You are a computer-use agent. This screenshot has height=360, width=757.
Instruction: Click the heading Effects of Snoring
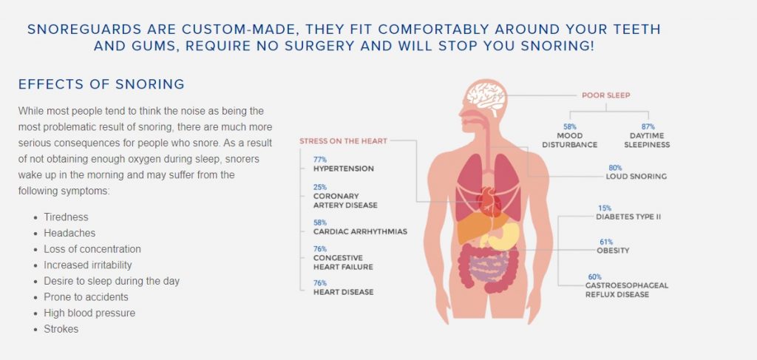coord(101,84)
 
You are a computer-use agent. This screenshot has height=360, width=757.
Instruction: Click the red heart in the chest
coord(489,202)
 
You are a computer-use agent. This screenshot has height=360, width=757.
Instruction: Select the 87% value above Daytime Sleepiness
coord(648,127)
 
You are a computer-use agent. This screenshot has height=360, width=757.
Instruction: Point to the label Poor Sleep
coord(605,95)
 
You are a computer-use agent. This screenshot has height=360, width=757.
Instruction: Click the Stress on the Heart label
coord(343,141)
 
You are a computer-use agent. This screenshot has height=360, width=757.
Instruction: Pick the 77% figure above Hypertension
coord(320,159)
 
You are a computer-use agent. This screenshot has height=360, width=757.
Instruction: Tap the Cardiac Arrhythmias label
coord(360,231)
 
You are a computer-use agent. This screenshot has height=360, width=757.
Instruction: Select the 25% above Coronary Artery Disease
coord(320,187)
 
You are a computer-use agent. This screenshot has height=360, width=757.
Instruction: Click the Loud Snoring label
coord(637,177)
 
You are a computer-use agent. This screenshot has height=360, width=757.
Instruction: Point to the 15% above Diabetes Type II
coord(605,208)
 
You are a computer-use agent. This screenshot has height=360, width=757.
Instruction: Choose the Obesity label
coord(613,251)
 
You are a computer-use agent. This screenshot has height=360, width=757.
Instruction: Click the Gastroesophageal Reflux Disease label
coord(627,290)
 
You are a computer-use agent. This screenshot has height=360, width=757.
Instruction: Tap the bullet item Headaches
coord(69,233)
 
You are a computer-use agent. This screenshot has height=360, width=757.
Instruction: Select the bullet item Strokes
coord(61,329)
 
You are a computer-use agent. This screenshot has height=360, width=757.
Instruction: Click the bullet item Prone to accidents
coord(86,296)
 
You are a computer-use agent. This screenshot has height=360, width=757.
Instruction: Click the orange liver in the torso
coord(475,228)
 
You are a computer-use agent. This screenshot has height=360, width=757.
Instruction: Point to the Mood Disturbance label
coord(570,140)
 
